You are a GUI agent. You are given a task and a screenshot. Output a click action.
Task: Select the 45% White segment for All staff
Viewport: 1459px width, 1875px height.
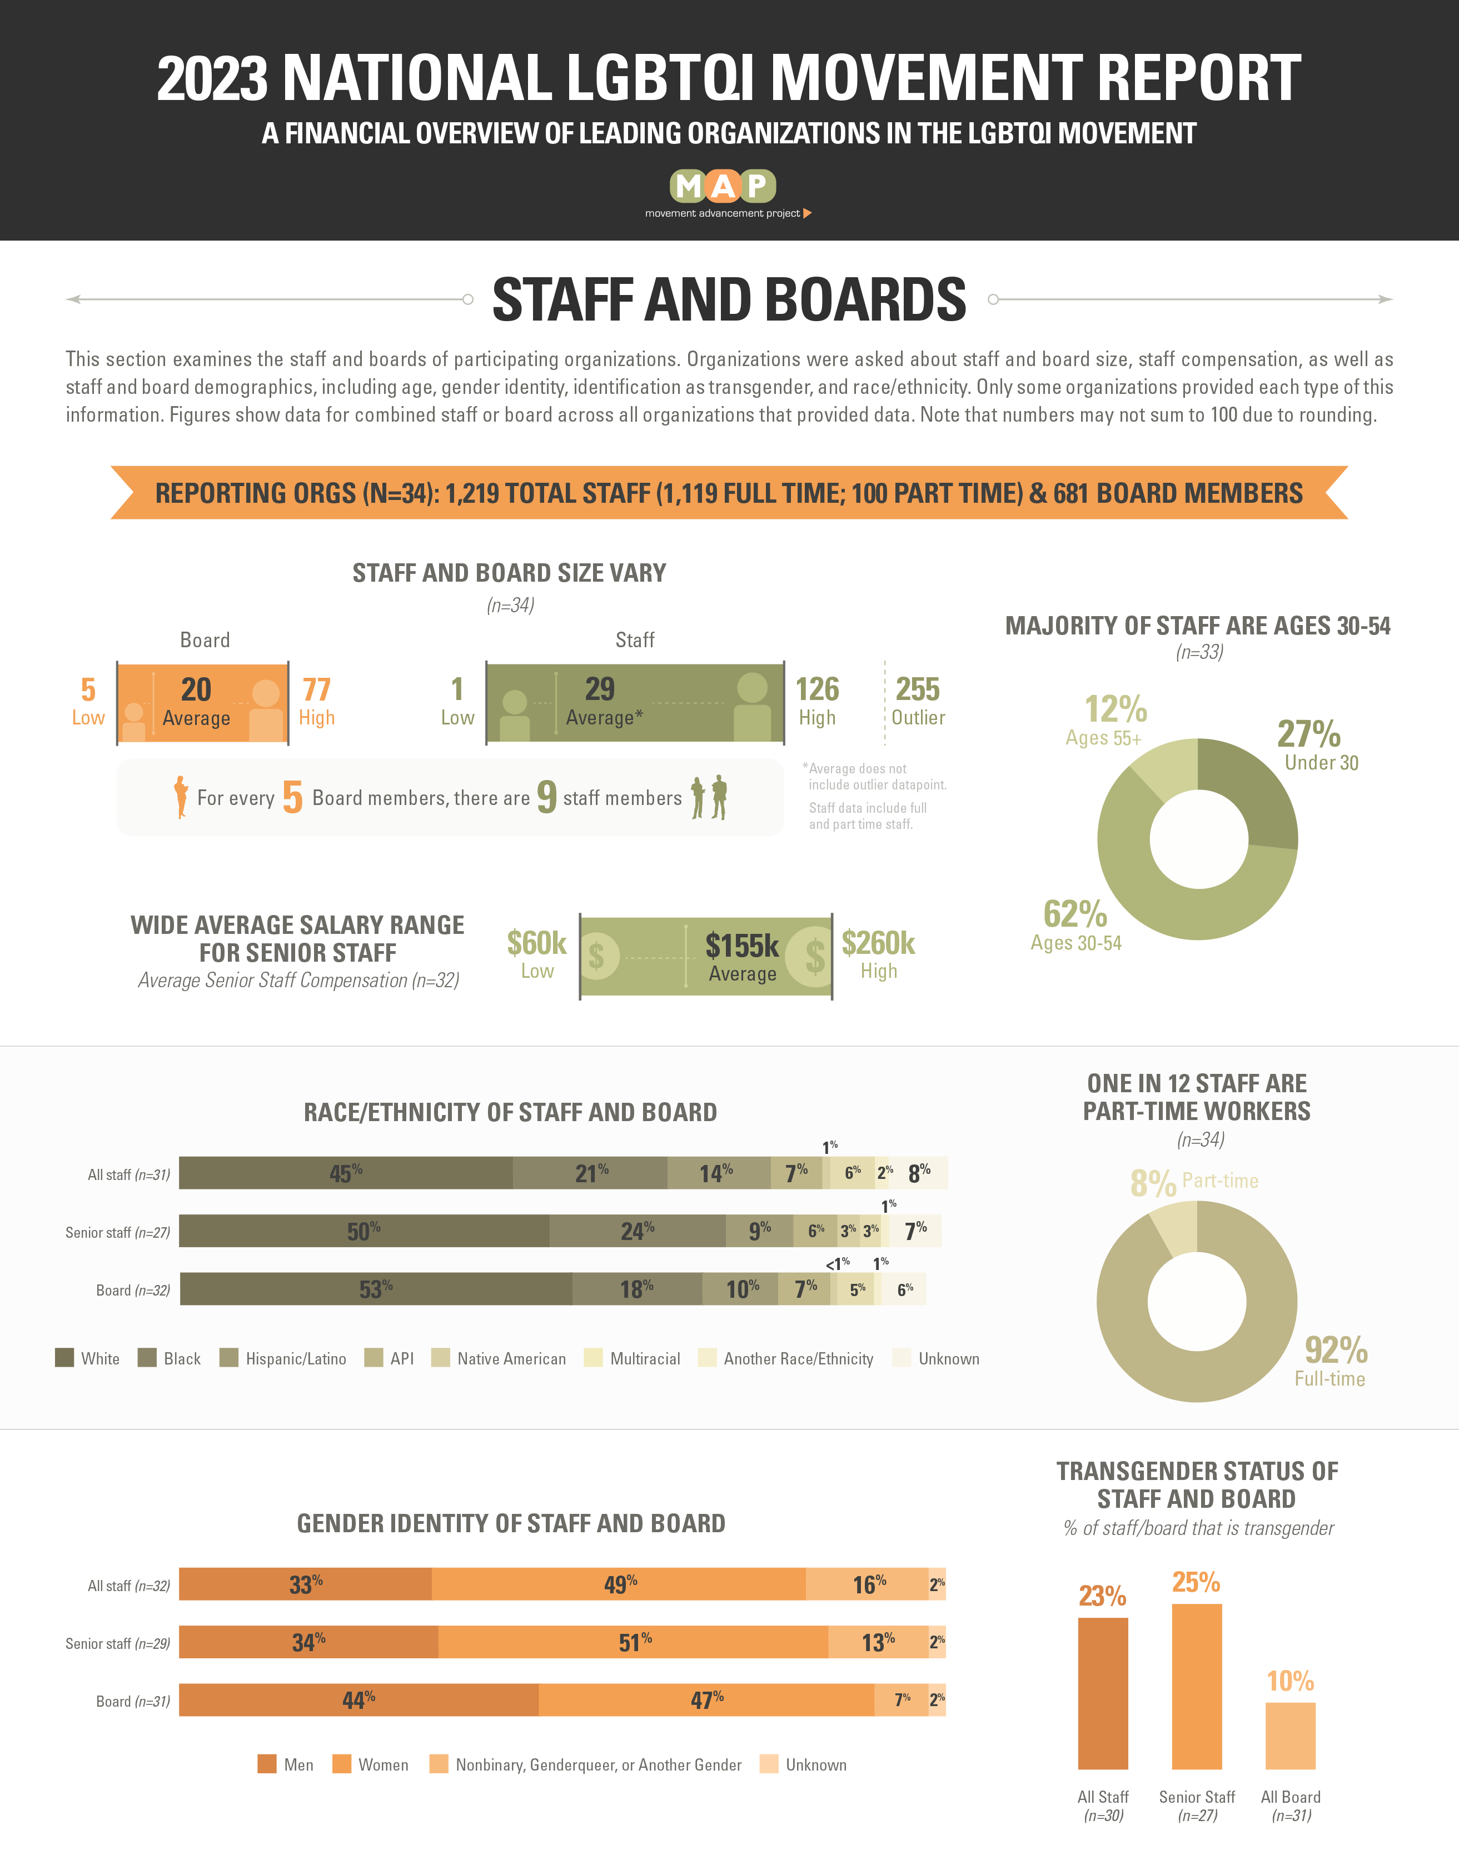pos(346,1173)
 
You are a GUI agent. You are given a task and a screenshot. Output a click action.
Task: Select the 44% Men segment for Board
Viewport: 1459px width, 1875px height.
pos(359,1700)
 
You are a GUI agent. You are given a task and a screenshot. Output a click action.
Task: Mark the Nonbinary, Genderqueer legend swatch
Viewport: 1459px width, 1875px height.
pos(439,1764)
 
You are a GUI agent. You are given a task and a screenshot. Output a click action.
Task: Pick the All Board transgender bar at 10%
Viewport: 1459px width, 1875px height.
pos(1291,1736)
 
